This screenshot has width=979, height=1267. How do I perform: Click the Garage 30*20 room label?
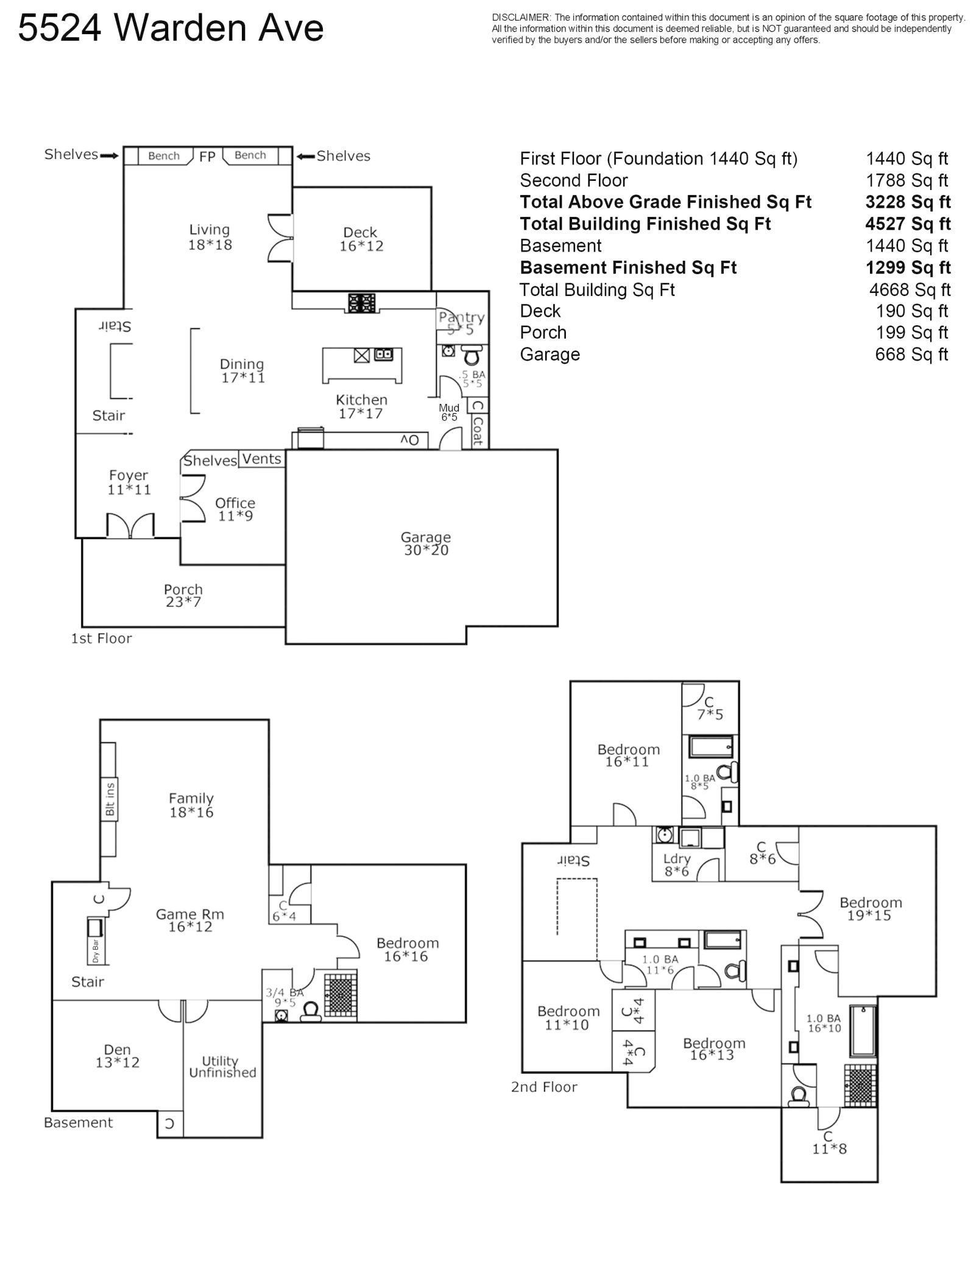click(425, 543)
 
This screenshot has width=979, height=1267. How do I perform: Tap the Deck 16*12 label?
click(361, 239)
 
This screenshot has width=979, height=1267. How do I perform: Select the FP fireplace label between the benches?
click(207, 157)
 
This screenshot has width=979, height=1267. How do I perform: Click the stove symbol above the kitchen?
click(362, 303)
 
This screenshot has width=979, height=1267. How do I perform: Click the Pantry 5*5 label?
click(461, 323)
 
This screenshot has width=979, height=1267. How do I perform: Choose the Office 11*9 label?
click(235, 509)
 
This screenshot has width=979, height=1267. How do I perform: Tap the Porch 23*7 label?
click(183, 596)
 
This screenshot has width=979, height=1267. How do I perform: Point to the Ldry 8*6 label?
click(676, 864)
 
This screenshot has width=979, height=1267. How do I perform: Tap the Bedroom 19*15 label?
click(870, 909)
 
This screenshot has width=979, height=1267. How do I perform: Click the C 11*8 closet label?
click(829, 1143)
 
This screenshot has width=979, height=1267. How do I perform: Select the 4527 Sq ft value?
click(907, 224)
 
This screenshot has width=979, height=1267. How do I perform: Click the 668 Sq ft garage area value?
click(911, 354)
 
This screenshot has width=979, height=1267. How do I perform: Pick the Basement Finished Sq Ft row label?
click(628, 267)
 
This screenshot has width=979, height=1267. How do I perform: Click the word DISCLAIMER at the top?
click(521, 18)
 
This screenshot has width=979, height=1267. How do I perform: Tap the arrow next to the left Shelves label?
click(110, 156)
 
